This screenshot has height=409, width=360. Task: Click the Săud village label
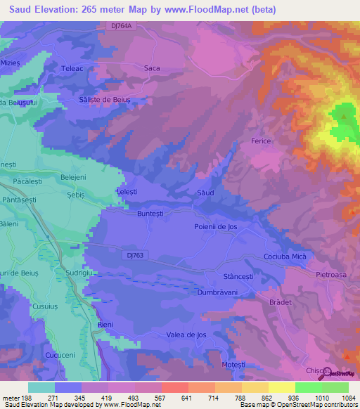tap(205, 191)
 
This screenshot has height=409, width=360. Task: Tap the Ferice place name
tap(261, 141)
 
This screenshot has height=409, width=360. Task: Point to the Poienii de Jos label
tap(220, 226)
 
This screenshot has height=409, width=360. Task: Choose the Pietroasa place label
tap(332, 275)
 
